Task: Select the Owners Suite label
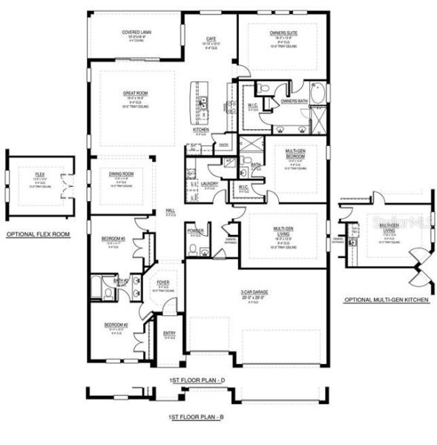(x=283, y=33)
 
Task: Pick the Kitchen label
(x=201, y=130)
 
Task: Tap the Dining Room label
(x=120, y=174)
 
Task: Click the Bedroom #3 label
(x=115, y=238)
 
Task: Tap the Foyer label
(x=162, y=283)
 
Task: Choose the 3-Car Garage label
(x=254, y=292)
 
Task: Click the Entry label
(x=169, y=334)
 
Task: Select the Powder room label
(x=196, y=231)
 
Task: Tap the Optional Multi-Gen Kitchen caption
(x=385, y=300)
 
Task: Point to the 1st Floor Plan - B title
(x=196, y=418)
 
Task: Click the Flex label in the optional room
(x=39, y=174)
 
